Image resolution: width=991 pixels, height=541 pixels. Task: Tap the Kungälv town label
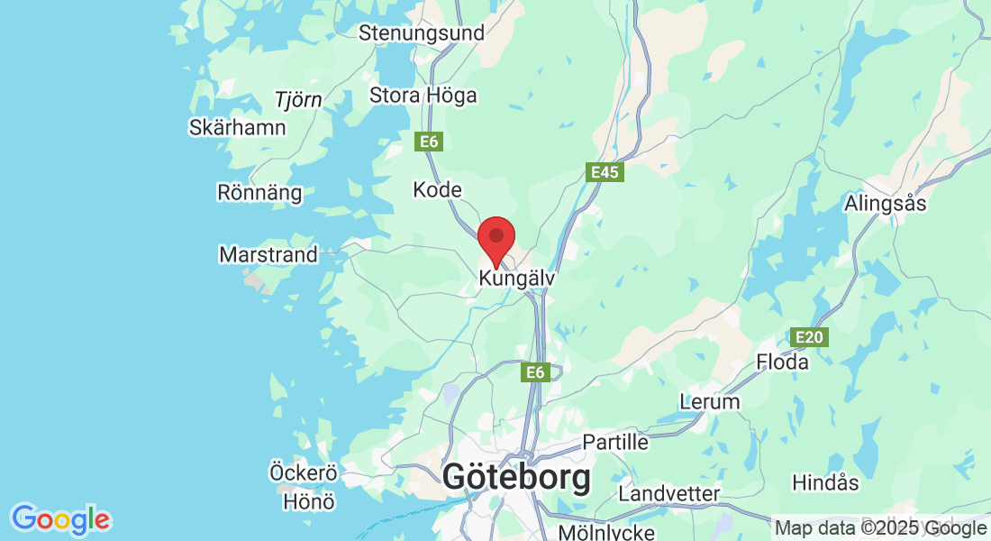[x=517, y=280]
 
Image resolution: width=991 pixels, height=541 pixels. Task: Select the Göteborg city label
[x=516, y=478]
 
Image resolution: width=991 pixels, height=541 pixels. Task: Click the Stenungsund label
[x=422, y=33]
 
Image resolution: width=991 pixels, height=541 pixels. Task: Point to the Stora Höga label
[x=423, y=95]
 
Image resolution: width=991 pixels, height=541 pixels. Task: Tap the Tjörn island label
[x=298, y=99]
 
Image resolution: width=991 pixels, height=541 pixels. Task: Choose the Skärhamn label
[x=238, y=128]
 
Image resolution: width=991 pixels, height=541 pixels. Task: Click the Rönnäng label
[x=259, y=192]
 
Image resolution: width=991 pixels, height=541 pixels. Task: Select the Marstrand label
[x=268, y=255]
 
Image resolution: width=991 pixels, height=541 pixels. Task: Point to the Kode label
[x=437, y=190]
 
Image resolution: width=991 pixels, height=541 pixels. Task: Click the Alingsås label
[x=886, y=204]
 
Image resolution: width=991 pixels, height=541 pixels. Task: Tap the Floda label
[x=783, y=362]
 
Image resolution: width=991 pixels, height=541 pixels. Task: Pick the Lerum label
[x=710, y=402]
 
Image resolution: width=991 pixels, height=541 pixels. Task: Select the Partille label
[x=615, y=442]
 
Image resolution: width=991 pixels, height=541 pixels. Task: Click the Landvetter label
[x=669, y=494]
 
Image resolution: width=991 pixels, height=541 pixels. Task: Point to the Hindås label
[x=825, y=482]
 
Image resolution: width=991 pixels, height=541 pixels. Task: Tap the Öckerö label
[x=303, y=472]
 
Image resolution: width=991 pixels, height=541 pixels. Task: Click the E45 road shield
[x=605, y=171]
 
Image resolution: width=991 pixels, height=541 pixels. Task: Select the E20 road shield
[x=808, y=337]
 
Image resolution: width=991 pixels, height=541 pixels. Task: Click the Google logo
[x=61, y=519]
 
